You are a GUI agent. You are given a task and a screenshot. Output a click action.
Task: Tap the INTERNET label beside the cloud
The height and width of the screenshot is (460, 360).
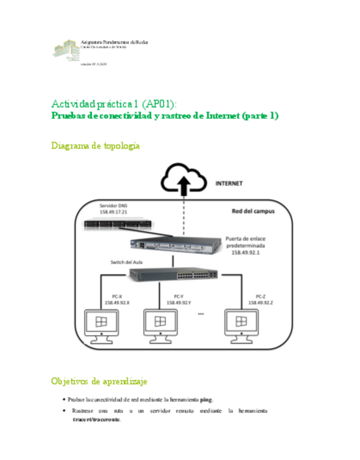(229, 183)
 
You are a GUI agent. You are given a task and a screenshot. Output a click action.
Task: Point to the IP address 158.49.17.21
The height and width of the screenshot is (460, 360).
(113, 213)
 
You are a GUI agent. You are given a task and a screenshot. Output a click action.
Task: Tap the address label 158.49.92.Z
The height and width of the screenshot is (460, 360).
(261, 303)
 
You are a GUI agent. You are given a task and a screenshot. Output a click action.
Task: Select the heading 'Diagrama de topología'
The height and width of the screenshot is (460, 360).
(96, 145)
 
